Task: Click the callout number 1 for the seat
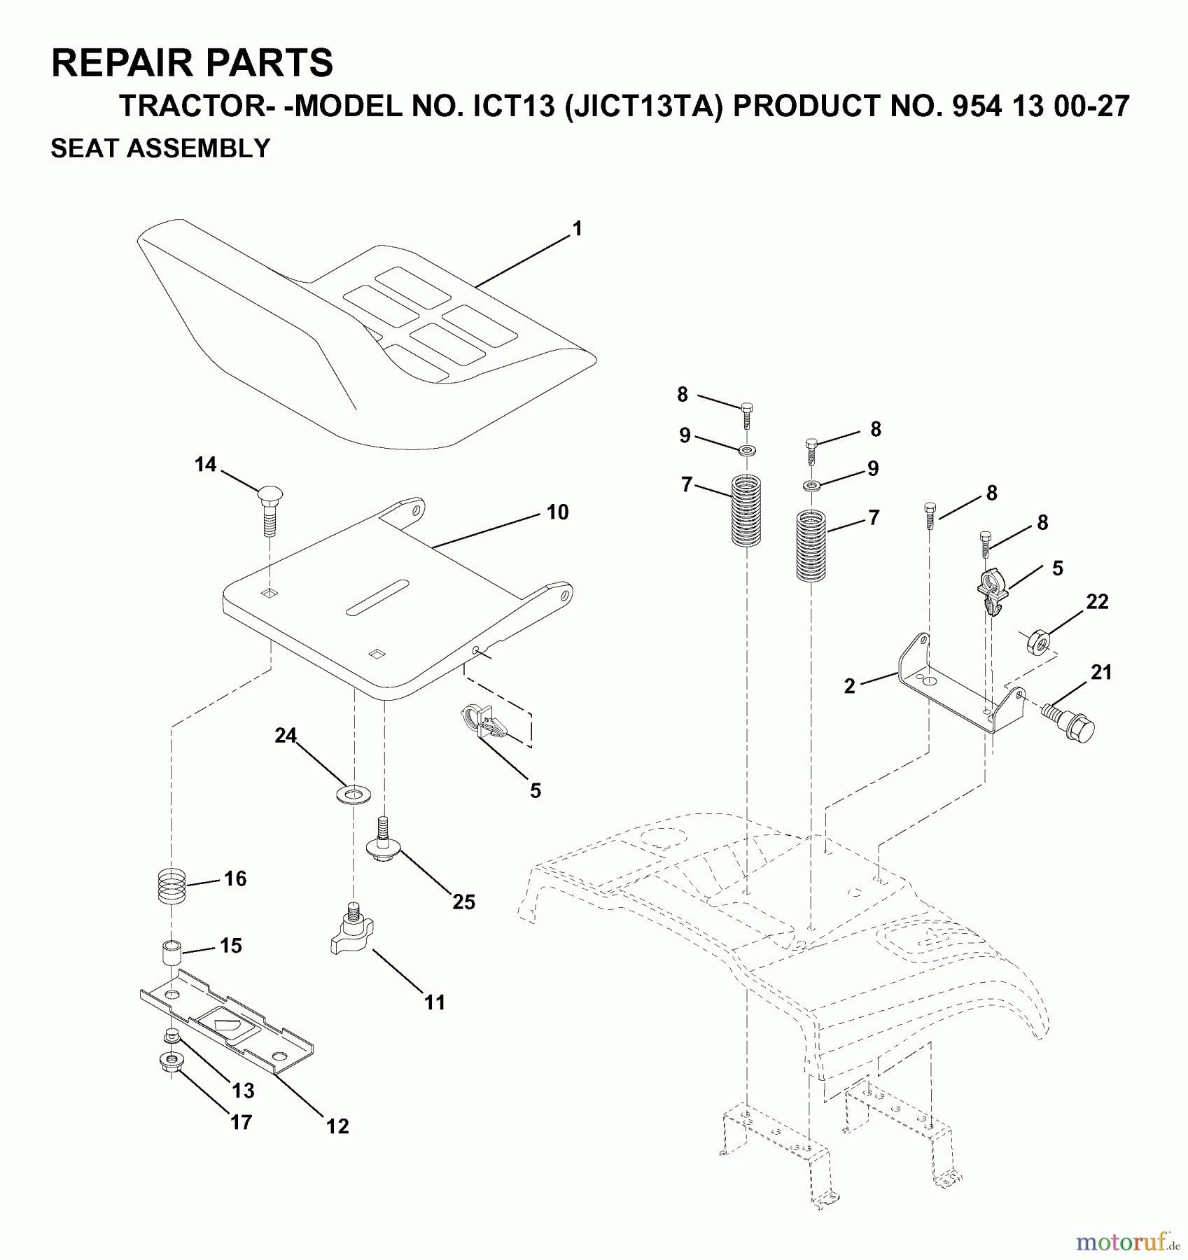click(x=577, y=229)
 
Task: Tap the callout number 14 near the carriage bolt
click(x=205, y=464)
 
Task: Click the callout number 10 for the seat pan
click(x=557, y=512)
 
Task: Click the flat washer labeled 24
click(x=354, y=794)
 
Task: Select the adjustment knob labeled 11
click(x=352, y=934)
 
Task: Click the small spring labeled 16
click(x=171, y=886)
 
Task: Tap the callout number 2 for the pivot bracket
click(x=849, y=685)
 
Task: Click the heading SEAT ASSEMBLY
click(x=160, y=148)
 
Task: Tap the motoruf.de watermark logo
click(x=1127, y=1242)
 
